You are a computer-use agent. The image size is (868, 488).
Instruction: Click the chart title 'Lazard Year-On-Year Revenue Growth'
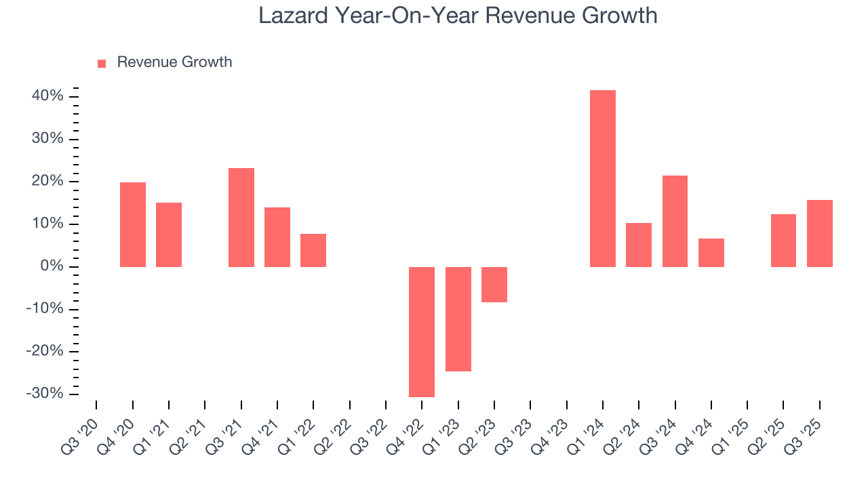pos(458,16)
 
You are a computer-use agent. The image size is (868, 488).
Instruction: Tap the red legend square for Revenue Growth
pos(102,63)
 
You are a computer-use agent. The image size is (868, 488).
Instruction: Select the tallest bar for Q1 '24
pos(602,178)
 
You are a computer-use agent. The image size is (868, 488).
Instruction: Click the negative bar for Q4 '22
pos(421,331)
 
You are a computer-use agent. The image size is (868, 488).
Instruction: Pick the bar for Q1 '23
pos(458,319)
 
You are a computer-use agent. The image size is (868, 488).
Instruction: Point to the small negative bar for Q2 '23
pos(494,284)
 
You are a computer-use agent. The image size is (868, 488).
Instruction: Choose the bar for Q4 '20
pos(132,224)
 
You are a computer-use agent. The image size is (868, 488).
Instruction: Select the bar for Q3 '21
pos(241,217)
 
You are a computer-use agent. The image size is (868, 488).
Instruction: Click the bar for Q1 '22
pos(313,250)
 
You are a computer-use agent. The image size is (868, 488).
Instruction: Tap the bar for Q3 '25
pos(819,233)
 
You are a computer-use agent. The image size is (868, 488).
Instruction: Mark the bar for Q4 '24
pos(711,252)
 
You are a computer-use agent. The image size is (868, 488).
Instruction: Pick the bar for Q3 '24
pos(675,221)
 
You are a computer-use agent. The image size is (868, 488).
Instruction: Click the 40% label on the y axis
pos(47,96)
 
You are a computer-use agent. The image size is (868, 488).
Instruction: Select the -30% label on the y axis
pos(45,394)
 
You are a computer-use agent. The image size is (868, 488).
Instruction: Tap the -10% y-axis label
pos(45,309)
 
